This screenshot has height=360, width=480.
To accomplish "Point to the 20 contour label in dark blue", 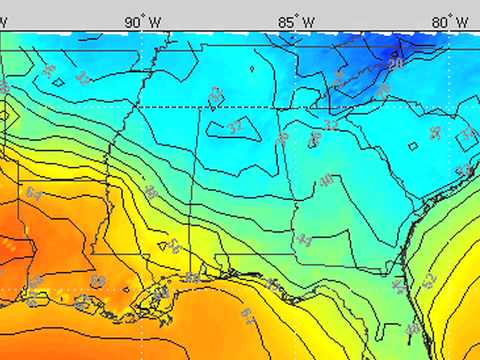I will click(x=395, y=62).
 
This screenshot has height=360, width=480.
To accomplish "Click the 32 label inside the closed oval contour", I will click(x=236, y=127).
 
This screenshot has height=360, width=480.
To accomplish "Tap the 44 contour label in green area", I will click(x=304, y=239).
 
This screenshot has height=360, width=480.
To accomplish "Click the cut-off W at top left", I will click(x=3, y=20).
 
